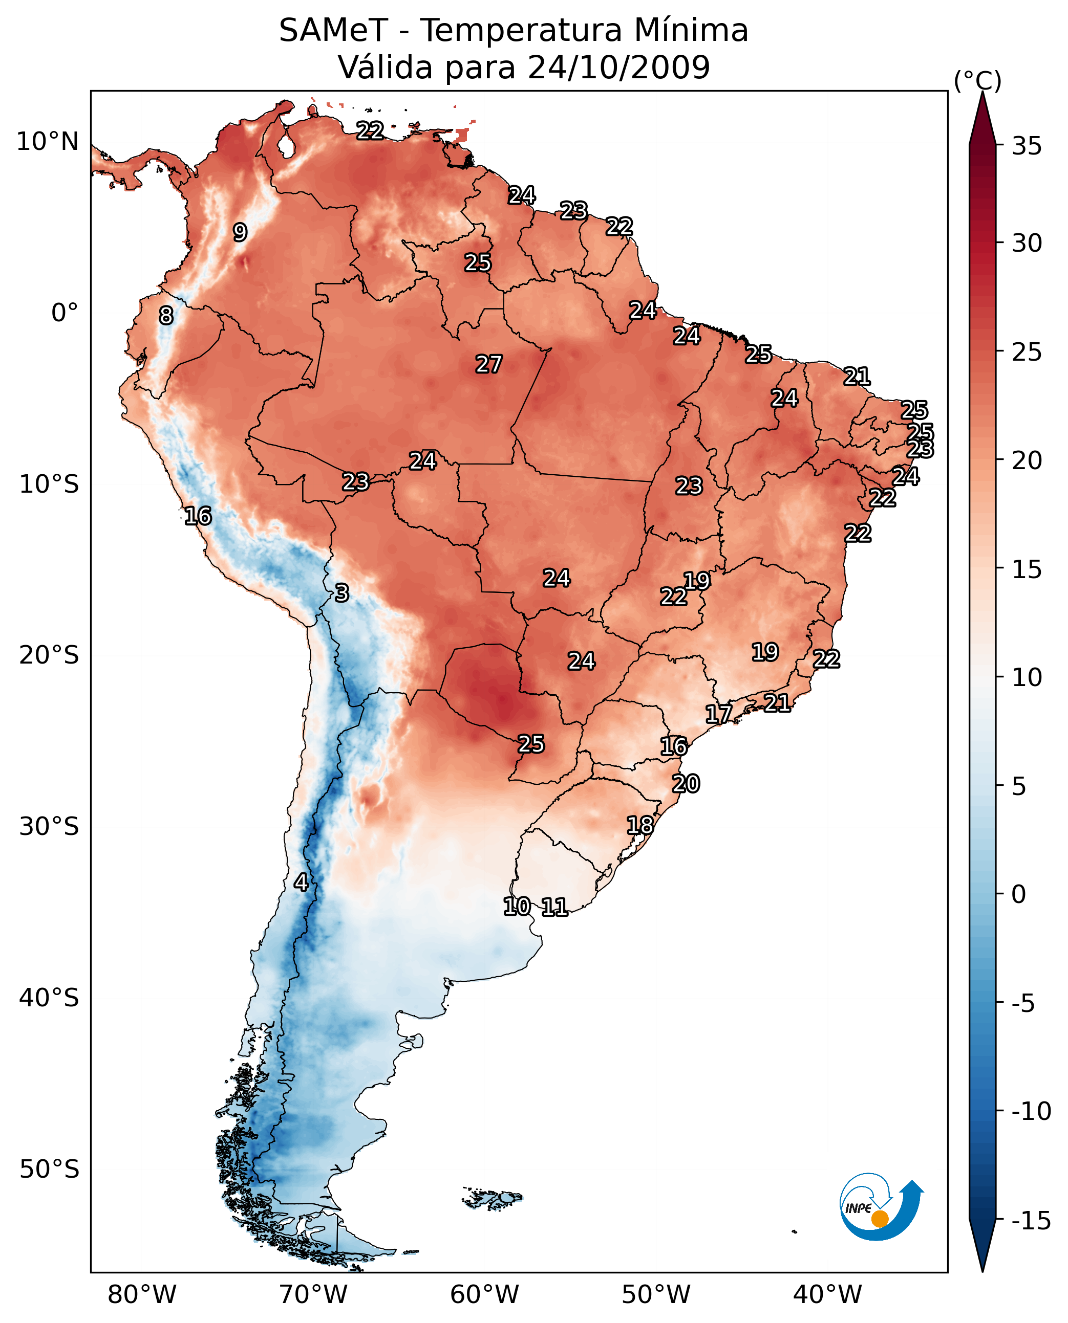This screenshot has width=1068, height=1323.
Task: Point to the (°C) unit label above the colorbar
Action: (x=977, y=80)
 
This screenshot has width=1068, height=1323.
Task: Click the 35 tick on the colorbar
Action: (x=1027, y=146)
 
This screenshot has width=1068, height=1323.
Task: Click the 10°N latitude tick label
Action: (x=48, y=142)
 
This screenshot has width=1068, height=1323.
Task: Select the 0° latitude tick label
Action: (x=65, y=313)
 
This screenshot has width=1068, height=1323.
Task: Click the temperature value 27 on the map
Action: (x=489, y=364)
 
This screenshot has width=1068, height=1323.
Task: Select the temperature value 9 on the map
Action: (x=240, y=232)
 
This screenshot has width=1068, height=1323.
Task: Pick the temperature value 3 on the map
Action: (x=342, y=592)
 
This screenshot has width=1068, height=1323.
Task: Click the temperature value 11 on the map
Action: (x=554, y=907)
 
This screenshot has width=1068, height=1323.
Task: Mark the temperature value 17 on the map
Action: (x=718, y=714)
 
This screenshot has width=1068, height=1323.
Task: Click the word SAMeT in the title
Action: (x=333, y=30)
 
